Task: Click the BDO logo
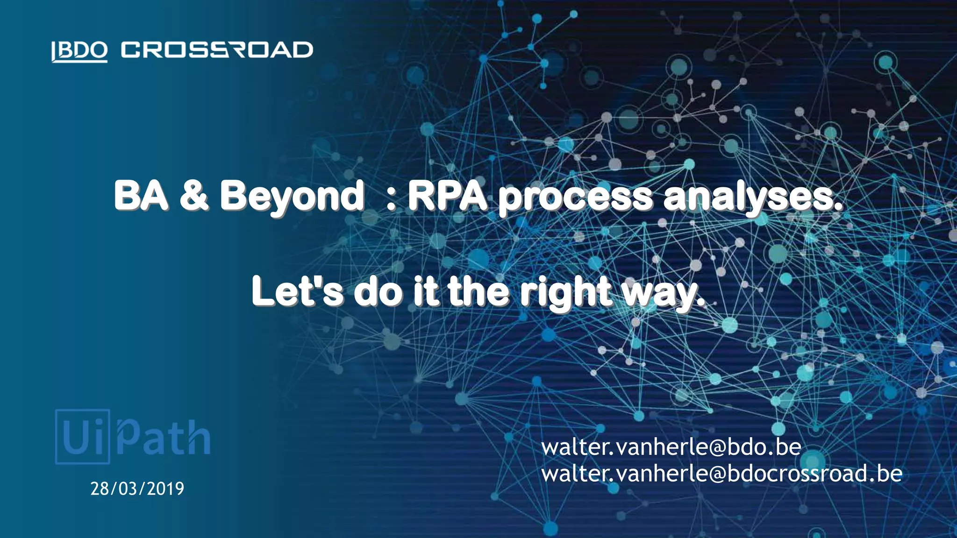79,50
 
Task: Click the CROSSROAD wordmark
217,50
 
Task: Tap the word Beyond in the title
292,196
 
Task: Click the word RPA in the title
447,196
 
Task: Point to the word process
575,198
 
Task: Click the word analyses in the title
752,198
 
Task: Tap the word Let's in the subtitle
297,291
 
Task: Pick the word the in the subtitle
478,291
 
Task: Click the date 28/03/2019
137,488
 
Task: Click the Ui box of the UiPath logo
83,437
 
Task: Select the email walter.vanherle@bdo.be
671,447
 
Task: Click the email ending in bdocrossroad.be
721,474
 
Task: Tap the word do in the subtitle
378,291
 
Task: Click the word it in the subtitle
426,291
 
